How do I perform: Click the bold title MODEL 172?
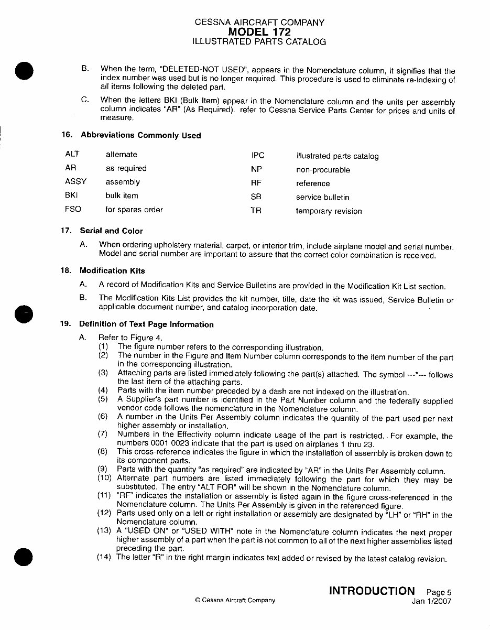[x=259, y=32]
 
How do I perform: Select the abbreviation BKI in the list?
[x=72, y=195]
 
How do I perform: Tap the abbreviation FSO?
[x=73, y=209]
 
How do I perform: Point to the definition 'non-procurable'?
[x=323, y=170]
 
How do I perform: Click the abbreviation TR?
[x=256, y=211]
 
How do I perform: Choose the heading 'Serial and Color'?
[x=111, y=231]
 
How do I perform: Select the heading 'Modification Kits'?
[x=112, y=271]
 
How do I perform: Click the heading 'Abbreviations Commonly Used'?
[x=140, y=135]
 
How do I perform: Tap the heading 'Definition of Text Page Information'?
[x=146, y=324]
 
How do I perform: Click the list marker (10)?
[x=104, y=479]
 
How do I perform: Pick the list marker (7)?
[x=104, y=434]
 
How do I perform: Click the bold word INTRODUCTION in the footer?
[x=372, y=591]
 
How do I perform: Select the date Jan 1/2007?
[x=431, y=601]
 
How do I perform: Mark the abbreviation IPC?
[x=258, y=156]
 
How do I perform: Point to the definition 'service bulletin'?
[x=322, y=197]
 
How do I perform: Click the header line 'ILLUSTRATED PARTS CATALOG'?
[x=259, y=42]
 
